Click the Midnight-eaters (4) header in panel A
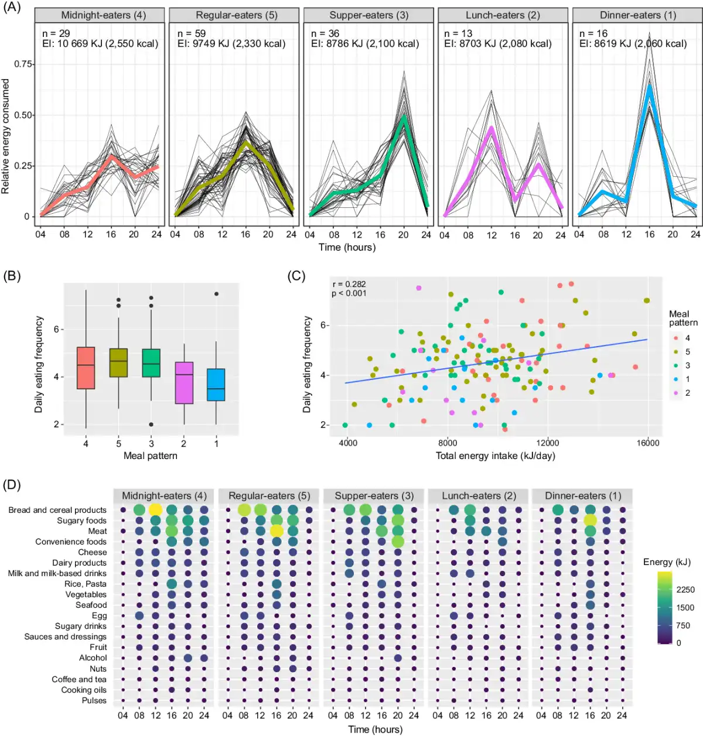coord(104,15)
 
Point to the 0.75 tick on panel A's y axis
coord(24,64)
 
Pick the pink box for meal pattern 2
coord(184,382)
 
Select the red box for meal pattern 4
coord(86,368)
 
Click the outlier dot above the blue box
coord(216,294)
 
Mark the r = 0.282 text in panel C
coord(349,285)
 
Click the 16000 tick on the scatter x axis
coord(648,443)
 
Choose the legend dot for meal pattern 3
coord(676,365)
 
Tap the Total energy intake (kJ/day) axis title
coord(495,456)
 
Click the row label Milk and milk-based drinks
coord(57,573)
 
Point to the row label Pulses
coord(94,700)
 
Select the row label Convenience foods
coord(71,542)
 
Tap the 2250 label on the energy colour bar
coord(685,590)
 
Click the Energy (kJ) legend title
coord(667,562)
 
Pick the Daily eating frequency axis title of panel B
coord(39,364)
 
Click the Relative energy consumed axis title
coord(6,136)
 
